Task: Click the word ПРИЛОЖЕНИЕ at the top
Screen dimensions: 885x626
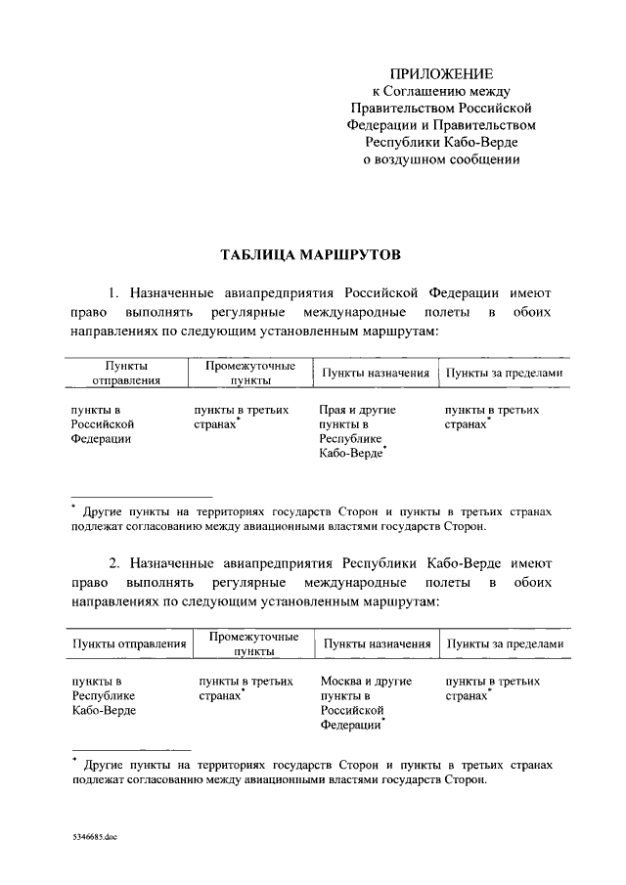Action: (x=442, y=73)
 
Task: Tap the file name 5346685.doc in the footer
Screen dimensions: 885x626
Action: (x=94, y=838)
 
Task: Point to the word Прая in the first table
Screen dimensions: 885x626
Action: (x=333, y=411)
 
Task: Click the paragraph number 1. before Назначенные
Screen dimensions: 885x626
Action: (x=113, y=291)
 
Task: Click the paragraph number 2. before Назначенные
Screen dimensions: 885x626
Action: (x=113, y=563)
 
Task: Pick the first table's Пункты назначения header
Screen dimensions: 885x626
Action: (x=376, y=374)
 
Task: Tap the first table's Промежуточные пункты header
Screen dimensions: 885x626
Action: (x=250, y=373)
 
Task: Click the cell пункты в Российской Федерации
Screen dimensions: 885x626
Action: (x=101, y=424)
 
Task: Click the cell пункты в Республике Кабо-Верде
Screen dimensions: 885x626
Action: (x=103, y=695)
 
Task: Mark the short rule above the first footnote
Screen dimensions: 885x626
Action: (x=142, y=498)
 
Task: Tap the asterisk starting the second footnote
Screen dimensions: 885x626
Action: (x=74, y=759)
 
